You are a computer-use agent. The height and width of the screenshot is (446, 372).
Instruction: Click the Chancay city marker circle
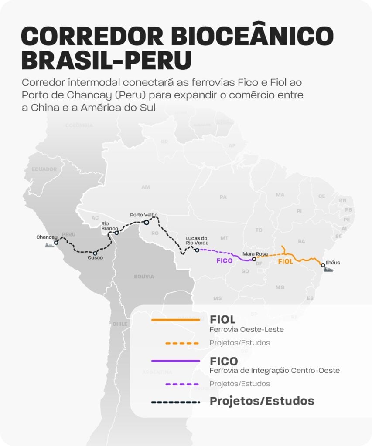coord(56,243)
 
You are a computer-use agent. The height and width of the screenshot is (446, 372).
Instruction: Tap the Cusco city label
coord(95,258)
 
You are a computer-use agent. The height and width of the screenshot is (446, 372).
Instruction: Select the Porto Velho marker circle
coord(147,222)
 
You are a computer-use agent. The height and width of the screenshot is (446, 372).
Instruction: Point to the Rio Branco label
coord(107,226)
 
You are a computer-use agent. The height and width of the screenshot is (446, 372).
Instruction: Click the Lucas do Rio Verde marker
coord(197,250)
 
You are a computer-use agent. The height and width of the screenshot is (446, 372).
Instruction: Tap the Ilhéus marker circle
coord(323,265)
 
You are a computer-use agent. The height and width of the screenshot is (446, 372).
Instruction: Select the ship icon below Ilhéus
coord(328,270)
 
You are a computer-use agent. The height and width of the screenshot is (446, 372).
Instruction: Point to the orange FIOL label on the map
coord(286,262)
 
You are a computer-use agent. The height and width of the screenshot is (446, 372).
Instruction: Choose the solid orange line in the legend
coord(175,320)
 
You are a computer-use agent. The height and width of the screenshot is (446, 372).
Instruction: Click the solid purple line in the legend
coord(175,361)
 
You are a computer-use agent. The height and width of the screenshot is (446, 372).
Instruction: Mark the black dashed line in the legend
coord(175,402)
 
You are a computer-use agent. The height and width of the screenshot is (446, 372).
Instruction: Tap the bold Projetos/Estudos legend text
coord(262,401)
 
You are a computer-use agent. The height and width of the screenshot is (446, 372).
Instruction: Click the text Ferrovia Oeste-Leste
coord(246,330)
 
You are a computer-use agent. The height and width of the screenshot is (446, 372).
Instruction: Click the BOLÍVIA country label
coord(144,277)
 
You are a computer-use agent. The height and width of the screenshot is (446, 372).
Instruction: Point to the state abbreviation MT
coord(224,238)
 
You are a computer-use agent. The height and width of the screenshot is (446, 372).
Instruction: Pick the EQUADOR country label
coord(44,169)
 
